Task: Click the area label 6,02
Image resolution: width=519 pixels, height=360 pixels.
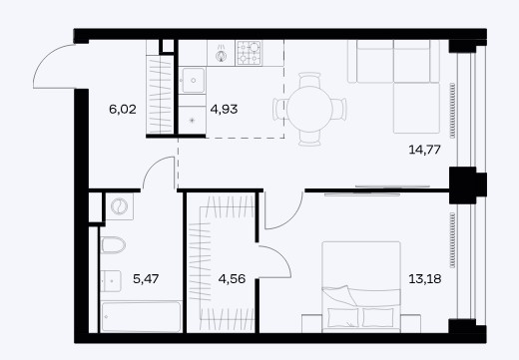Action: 123,109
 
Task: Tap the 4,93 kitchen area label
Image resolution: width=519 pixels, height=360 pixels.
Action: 224,109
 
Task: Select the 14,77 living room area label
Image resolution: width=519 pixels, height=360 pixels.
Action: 424,150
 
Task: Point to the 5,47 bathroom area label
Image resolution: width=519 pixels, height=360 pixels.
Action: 146,278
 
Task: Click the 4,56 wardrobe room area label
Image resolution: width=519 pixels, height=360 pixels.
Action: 232,278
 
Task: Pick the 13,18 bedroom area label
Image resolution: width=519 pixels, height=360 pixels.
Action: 425,278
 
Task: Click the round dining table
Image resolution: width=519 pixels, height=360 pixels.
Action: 309,109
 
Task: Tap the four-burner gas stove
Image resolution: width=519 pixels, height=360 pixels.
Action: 249,53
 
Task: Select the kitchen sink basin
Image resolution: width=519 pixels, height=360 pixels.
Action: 193,80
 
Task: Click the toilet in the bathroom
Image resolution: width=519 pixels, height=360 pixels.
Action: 113,245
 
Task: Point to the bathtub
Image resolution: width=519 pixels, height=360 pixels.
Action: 142,316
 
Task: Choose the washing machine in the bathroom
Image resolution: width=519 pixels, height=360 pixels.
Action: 120,206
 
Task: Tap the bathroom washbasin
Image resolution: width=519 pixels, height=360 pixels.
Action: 111,281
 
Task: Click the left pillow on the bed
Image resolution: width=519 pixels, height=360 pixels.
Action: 343,317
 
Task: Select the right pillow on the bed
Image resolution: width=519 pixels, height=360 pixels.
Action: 378,317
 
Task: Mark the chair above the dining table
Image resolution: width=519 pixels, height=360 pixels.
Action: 309,80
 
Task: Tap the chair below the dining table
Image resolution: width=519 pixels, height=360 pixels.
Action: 309,138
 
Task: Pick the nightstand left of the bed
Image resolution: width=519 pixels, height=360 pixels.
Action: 312,323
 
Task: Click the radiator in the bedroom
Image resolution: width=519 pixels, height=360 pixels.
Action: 452,240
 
